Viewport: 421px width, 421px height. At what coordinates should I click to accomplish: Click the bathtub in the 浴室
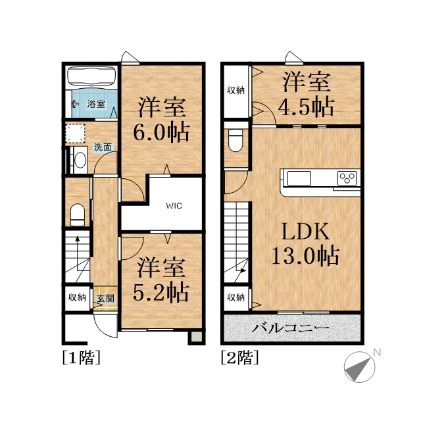pos(91,76)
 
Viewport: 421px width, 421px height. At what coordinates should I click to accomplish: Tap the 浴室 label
pos(96,104)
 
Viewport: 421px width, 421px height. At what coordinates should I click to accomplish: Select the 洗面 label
pos(103,147)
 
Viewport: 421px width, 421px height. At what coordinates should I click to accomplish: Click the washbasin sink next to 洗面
pos(80,160)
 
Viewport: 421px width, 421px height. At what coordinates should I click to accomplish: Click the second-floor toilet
pos(235,140)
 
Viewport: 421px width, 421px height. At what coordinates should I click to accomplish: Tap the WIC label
pos(174,206)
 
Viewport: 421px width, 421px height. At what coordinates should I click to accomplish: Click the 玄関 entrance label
pos(105,298)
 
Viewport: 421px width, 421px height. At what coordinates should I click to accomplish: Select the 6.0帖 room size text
pos(162,132)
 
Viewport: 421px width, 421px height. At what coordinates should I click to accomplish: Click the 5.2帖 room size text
pos(161,292)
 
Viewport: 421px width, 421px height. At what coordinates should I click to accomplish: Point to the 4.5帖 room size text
pos(306,107)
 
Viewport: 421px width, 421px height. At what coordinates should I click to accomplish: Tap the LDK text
pos(305,232)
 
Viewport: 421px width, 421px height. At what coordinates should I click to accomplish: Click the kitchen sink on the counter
pos(299,178)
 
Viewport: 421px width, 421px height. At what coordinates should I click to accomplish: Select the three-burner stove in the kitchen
pos(347,178)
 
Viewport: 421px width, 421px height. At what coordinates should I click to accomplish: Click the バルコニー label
pos(290,328)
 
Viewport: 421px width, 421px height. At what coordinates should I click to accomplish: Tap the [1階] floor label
pos(82,357)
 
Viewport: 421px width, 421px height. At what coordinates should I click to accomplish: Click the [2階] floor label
pos(239,357)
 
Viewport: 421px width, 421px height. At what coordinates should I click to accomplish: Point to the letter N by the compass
pos(377,352)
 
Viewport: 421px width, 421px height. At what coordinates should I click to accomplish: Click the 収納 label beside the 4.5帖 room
pos(235,90)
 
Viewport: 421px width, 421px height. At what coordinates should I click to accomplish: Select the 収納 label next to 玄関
pos(77,297)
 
